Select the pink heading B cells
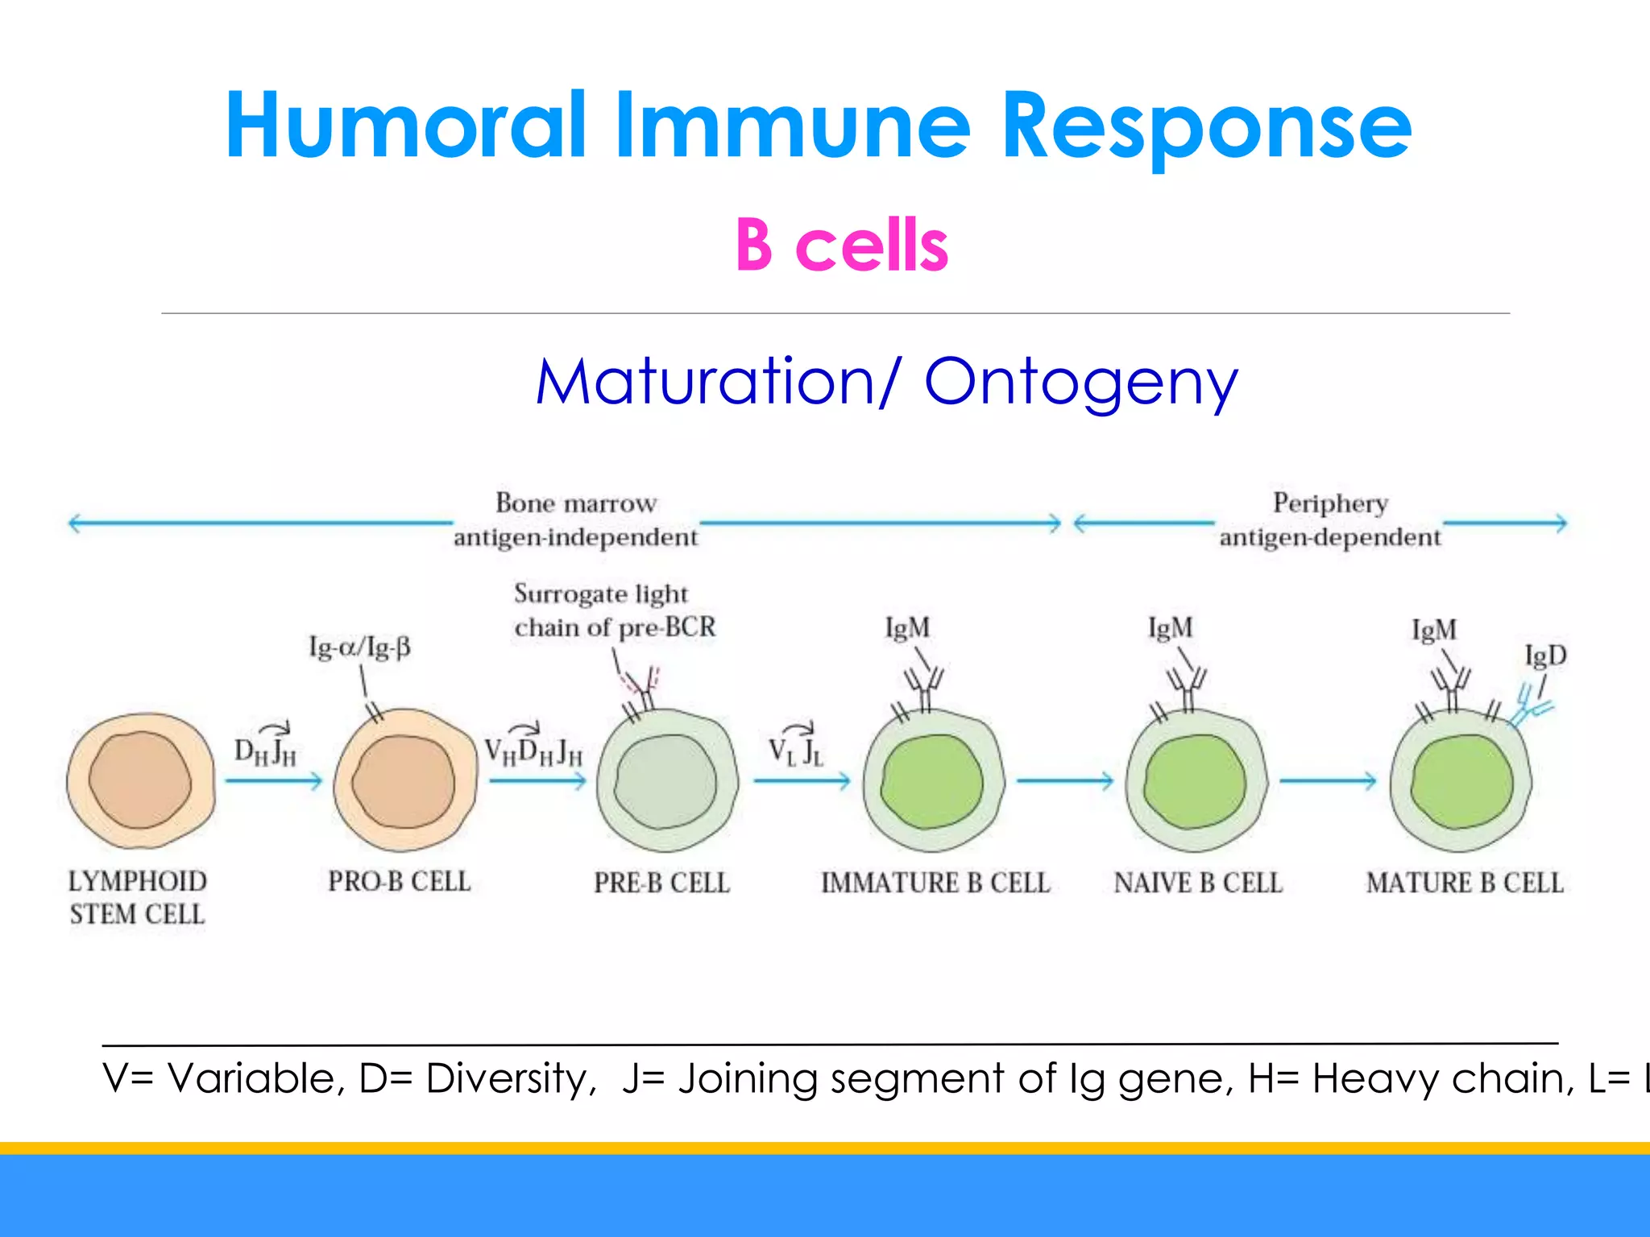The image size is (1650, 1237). pos(841,245)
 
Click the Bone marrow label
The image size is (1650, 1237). pos(575,503)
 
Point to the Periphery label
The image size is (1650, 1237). pos(1329,503)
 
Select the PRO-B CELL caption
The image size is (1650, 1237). pos(399,881)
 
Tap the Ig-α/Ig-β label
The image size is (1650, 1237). pos(359,647)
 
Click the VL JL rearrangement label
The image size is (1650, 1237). pos(795,750)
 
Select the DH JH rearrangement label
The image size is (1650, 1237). pos(265,750)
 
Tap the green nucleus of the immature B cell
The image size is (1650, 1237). pos(932,781)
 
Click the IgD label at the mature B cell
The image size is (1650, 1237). pos(1545,656)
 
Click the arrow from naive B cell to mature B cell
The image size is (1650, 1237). pos(1328,780)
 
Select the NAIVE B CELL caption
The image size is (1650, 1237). pos(1198,883)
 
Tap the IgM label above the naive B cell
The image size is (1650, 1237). pos(1170,627)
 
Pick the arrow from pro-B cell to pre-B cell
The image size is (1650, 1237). pos(537,780)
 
